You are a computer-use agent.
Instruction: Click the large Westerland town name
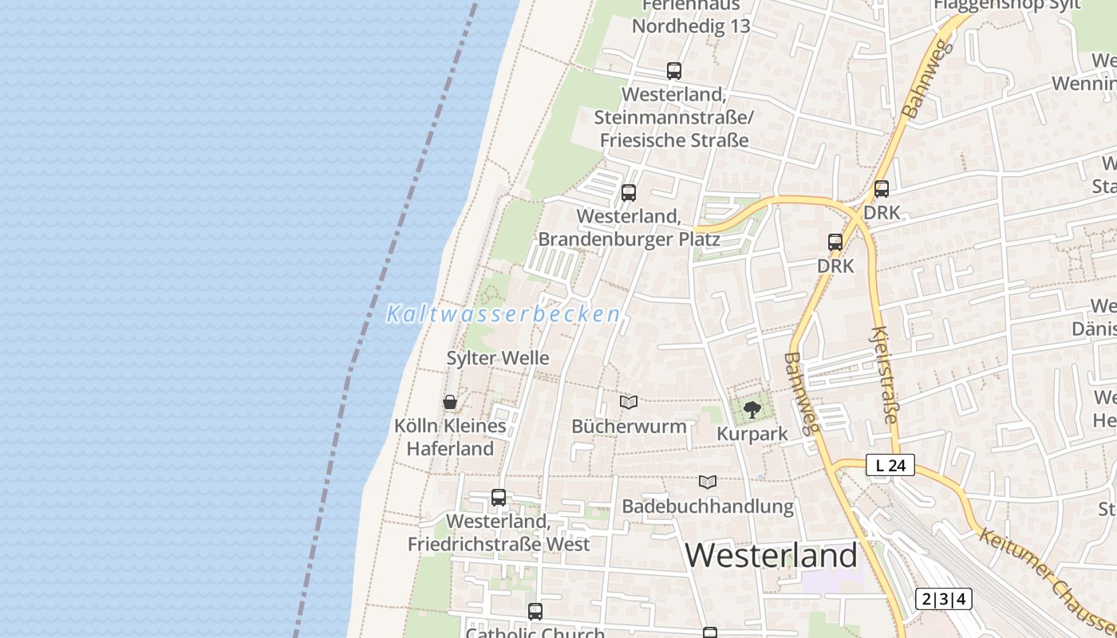pos(771,555)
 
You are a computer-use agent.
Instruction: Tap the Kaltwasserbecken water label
pos(503,314)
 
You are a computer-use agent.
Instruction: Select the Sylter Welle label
pos(498,358)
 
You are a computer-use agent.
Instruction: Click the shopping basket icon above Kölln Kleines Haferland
pos(450,402)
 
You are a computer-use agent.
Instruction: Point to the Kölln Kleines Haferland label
pos(450,437)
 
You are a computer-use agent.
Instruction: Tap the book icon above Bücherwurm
pos(629,402)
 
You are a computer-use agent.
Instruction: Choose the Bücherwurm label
pos(629,426)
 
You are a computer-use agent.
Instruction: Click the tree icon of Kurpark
pos(752,410)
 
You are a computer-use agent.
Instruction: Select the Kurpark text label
pos(752,434)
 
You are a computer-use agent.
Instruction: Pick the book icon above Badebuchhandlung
pos(707,482)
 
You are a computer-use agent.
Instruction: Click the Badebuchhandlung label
pos(708,506)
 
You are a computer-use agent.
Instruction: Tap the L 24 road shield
pos(890,465)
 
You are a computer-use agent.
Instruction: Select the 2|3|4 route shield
pos(943,599)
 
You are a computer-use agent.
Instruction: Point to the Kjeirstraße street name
pos(885,375)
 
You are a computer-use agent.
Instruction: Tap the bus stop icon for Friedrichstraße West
pos(499,498)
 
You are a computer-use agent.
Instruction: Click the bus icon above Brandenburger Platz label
pos(629,192)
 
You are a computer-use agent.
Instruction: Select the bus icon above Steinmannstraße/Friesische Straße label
pos(674,70)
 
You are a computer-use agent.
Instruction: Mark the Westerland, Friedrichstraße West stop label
pos(499,533)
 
